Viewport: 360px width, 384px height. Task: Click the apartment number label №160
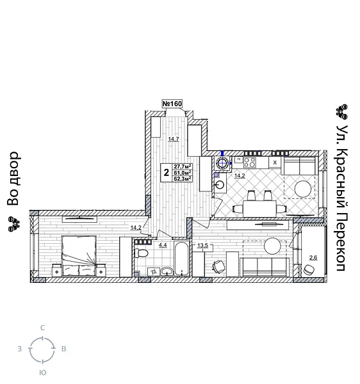pyautogui.click(x=172, y=104)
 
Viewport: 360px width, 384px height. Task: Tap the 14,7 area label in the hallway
pyautogui.click(x=173, y=139)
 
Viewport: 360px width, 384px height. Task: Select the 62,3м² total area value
pyautogui.click(x=183, y=179)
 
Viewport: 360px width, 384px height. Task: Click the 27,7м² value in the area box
pyautogui.click(x=183, y=166)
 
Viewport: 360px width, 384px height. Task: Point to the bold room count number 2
pyautogui.click(x=166, y=173)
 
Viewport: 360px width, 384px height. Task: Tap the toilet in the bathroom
pyautogui.click(x=142, y=253)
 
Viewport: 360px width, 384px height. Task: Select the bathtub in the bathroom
pyautogui.click(x=182, y=259)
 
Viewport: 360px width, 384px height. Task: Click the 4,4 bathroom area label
pyautogui.click(x=163, y=245)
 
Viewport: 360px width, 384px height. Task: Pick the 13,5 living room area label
pyautogui.click(x=202, y=246)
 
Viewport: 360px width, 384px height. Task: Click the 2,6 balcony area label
pyautogui.click(x=313, y=257)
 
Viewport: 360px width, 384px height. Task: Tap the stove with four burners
pyautogui.click(x=249, y=163)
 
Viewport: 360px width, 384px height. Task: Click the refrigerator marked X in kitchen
pyautogui.click(x=275, y=163)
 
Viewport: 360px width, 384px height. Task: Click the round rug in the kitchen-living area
pyautogui.click(x=303, y=189)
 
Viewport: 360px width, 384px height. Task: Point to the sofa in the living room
pyautogui.click(x=263, y=266)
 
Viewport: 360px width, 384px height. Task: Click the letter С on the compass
pyautogui.click(x=43, y=328)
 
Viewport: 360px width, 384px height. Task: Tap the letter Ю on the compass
pyautogui.click(x=42, y=372)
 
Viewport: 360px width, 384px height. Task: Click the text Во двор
pyautogui.click(x=13, y=179)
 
